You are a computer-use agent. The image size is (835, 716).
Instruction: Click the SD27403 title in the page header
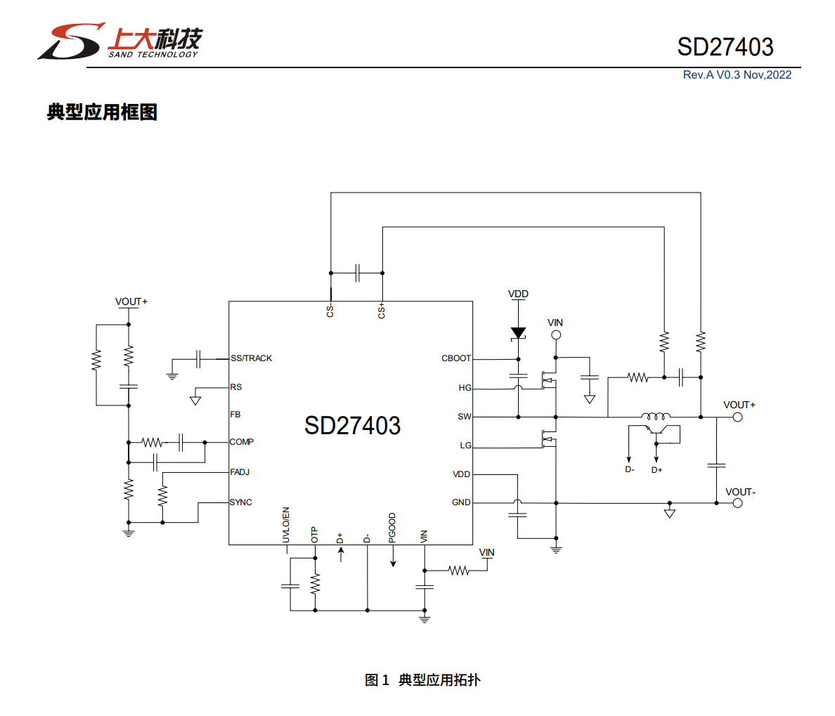(x=725, y=47)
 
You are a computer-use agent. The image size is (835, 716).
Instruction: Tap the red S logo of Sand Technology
(x=71, y=41)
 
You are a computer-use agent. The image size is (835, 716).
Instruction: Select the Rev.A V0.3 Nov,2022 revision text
(x=737, y=75)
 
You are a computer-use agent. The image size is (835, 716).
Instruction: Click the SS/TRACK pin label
(x=251, y=358)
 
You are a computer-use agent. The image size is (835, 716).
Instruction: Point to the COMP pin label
(x=241, y=442)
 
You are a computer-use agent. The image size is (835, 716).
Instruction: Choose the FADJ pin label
(x=240, y=472)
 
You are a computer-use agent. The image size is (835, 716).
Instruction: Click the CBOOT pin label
(x=456, y=358)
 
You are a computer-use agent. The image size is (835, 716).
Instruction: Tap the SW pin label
(x=465, y=417)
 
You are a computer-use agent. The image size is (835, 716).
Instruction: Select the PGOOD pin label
(x=392, y=528)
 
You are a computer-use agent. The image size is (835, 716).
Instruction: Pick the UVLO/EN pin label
(x=286, y=525)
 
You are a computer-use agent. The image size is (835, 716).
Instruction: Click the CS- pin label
(x=330, y=311)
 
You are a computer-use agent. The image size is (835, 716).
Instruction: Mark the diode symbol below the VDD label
(x=518, y=333)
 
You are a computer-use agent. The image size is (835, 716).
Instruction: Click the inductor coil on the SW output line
(x=655, y=416)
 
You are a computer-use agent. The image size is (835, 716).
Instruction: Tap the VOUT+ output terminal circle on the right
(x=737, y=417)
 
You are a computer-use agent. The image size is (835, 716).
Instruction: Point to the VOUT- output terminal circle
(x=737, y=503)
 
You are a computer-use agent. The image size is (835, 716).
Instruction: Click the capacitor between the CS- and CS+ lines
(x=357, y=273)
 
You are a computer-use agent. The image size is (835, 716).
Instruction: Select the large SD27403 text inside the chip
(x=352, y=426)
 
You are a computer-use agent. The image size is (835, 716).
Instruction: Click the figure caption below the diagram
(x=422, y=679)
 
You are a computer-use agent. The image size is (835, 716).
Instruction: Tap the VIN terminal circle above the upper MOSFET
(x=555, y=335)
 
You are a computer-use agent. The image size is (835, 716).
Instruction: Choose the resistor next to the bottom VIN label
(x=459, y=571)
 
